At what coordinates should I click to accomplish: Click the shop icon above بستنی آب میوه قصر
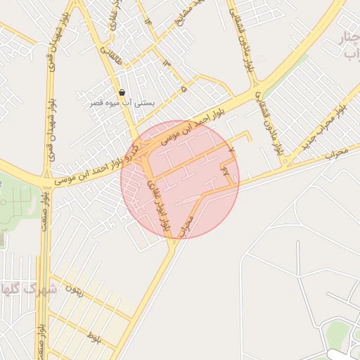(x=122, y=93)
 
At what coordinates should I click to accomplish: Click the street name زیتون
(x=75, y=288)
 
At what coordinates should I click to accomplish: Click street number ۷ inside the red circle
(x=231, y=150)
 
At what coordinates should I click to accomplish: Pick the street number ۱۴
(x=148, y=21)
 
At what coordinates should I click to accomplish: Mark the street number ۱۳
(x=167, y=65)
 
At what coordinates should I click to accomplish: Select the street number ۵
(x=184, y=90)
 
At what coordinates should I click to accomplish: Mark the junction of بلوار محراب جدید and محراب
(x=288, y=164)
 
